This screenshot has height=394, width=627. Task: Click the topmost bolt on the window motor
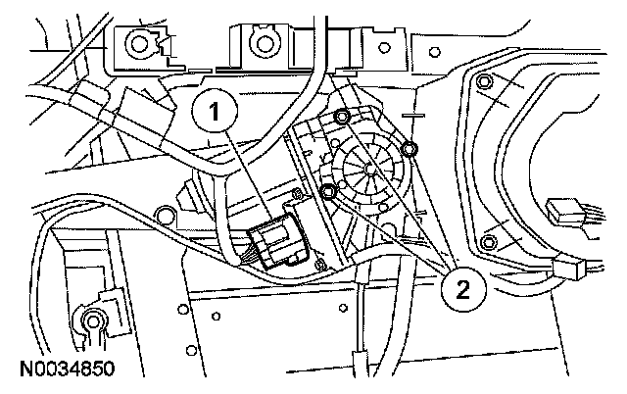point(342,119)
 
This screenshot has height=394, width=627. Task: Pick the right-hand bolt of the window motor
point(409,149)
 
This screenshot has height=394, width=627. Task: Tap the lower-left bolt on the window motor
point(328,190)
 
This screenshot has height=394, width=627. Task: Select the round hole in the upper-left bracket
point(135,43)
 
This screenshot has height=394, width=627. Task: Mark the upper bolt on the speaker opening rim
point(484,83)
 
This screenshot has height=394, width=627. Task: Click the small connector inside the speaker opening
point(565,210)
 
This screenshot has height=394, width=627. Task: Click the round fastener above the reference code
point(94,320)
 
